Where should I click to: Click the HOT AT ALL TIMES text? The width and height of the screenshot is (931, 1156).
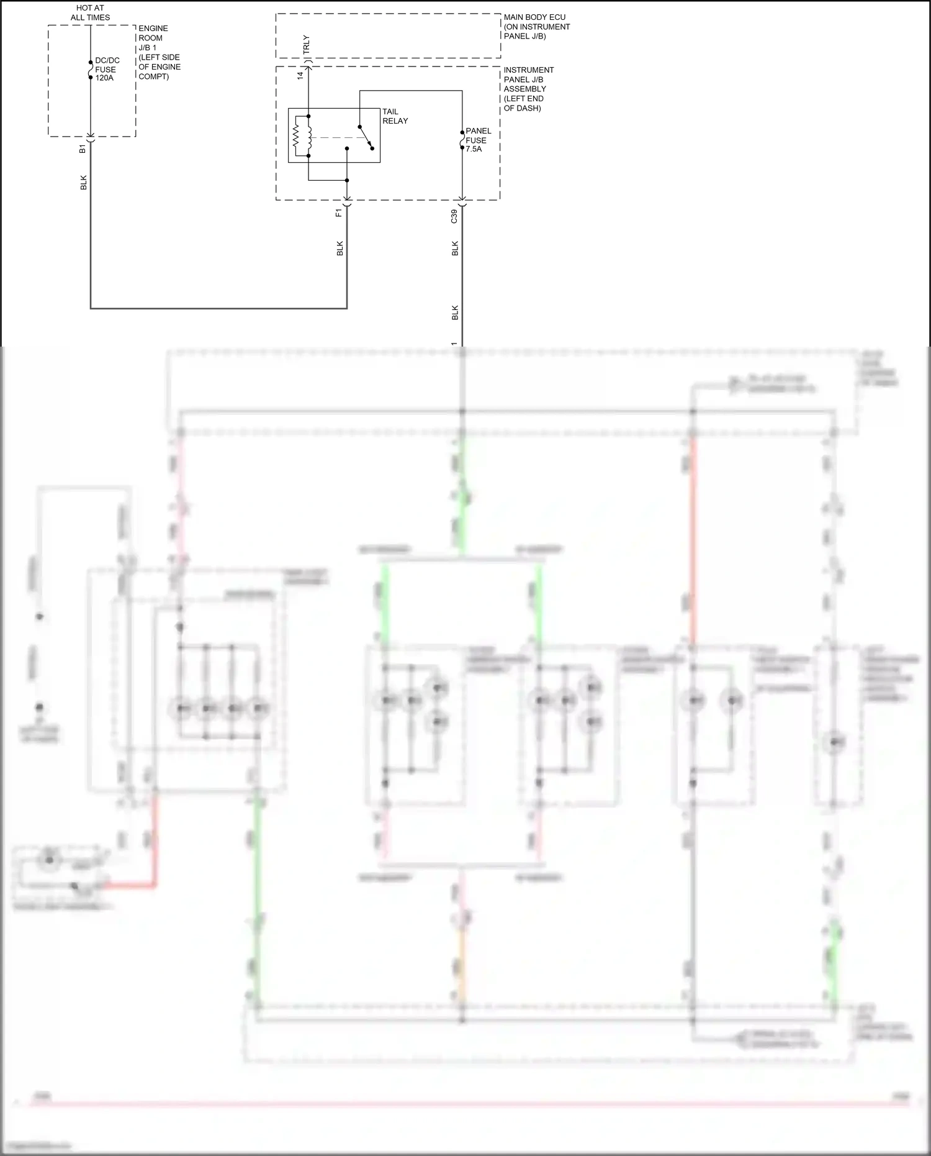(x=90, y=13)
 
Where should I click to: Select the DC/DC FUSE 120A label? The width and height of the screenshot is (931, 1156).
(x=107, y=70)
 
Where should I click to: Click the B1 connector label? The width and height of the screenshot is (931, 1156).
(x=83, y=149)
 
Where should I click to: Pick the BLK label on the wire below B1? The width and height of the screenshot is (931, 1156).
(x=84, y=183)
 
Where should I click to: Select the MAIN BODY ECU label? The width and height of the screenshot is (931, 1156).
(x=536, y=27)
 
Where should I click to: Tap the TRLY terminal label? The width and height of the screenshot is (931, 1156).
(x=306, y=45)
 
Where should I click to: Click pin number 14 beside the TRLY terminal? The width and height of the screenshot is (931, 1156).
(x=300, y=75)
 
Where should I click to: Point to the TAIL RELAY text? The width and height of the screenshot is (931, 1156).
(x=395, y=116)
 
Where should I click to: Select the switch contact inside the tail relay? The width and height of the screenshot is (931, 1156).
(x=366, y=137)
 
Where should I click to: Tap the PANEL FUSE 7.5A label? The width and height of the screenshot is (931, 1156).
(x=478, y=140)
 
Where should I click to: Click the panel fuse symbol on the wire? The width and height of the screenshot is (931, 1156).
(x=462, y=140)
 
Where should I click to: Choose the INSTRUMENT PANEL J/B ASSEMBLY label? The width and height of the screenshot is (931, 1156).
(x=528, y=89)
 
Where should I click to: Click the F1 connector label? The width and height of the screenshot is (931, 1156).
(x=339, y=212)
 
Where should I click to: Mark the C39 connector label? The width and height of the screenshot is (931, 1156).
(x=454, y=216)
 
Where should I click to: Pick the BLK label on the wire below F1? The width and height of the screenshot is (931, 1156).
(x=340, y=248)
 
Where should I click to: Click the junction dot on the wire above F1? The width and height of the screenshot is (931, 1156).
(x=347, y=181)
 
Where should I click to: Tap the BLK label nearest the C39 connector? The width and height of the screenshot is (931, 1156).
(x=455, y=248)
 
